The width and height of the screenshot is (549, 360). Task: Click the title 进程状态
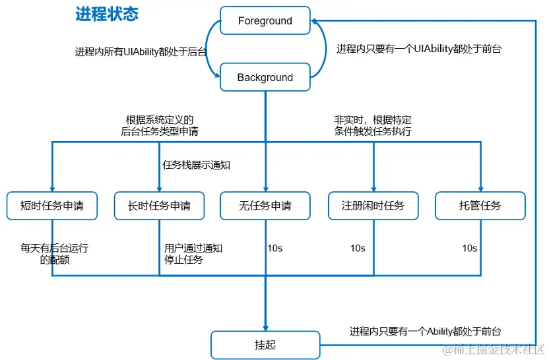pos(107,15)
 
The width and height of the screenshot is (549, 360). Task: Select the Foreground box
pos(265,21)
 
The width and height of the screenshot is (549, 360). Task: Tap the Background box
pos(265,77)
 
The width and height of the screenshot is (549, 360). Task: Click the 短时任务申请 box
pos(51,206)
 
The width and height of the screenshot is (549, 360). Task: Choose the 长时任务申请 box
pos(159,206)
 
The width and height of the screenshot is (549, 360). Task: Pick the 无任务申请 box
pos(265,206)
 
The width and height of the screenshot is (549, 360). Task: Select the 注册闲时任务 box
pos(373,206)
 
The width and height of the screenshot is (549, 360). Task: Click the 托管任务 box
pos(480,206)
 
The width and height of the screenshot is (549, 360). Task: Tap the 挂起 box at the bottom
pos(265,345)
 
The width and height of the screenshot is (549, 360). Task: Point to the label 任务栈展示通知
pos(196,165)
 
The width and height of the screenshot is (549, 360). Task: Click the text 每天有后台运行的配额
pos(54,254)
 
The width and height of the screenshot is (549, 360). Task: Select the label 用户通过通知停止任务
pos(193,254)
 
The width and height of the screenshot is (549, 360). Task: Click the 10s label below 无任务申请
pos(275,249)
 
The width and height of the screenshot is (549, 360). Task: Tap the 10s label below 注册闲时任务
pos(357,249)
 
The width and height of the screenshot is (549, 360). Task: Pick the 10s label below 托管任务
pos(469,249)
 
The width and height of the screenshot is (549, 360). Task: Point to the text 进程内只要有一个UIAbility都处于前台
pos(418,49)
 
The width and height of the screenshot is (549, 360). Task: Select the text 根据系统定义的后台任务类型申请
pos(159,125)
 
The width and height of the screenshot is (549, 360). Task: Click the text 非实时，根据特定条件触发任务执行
pos(373,125)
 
